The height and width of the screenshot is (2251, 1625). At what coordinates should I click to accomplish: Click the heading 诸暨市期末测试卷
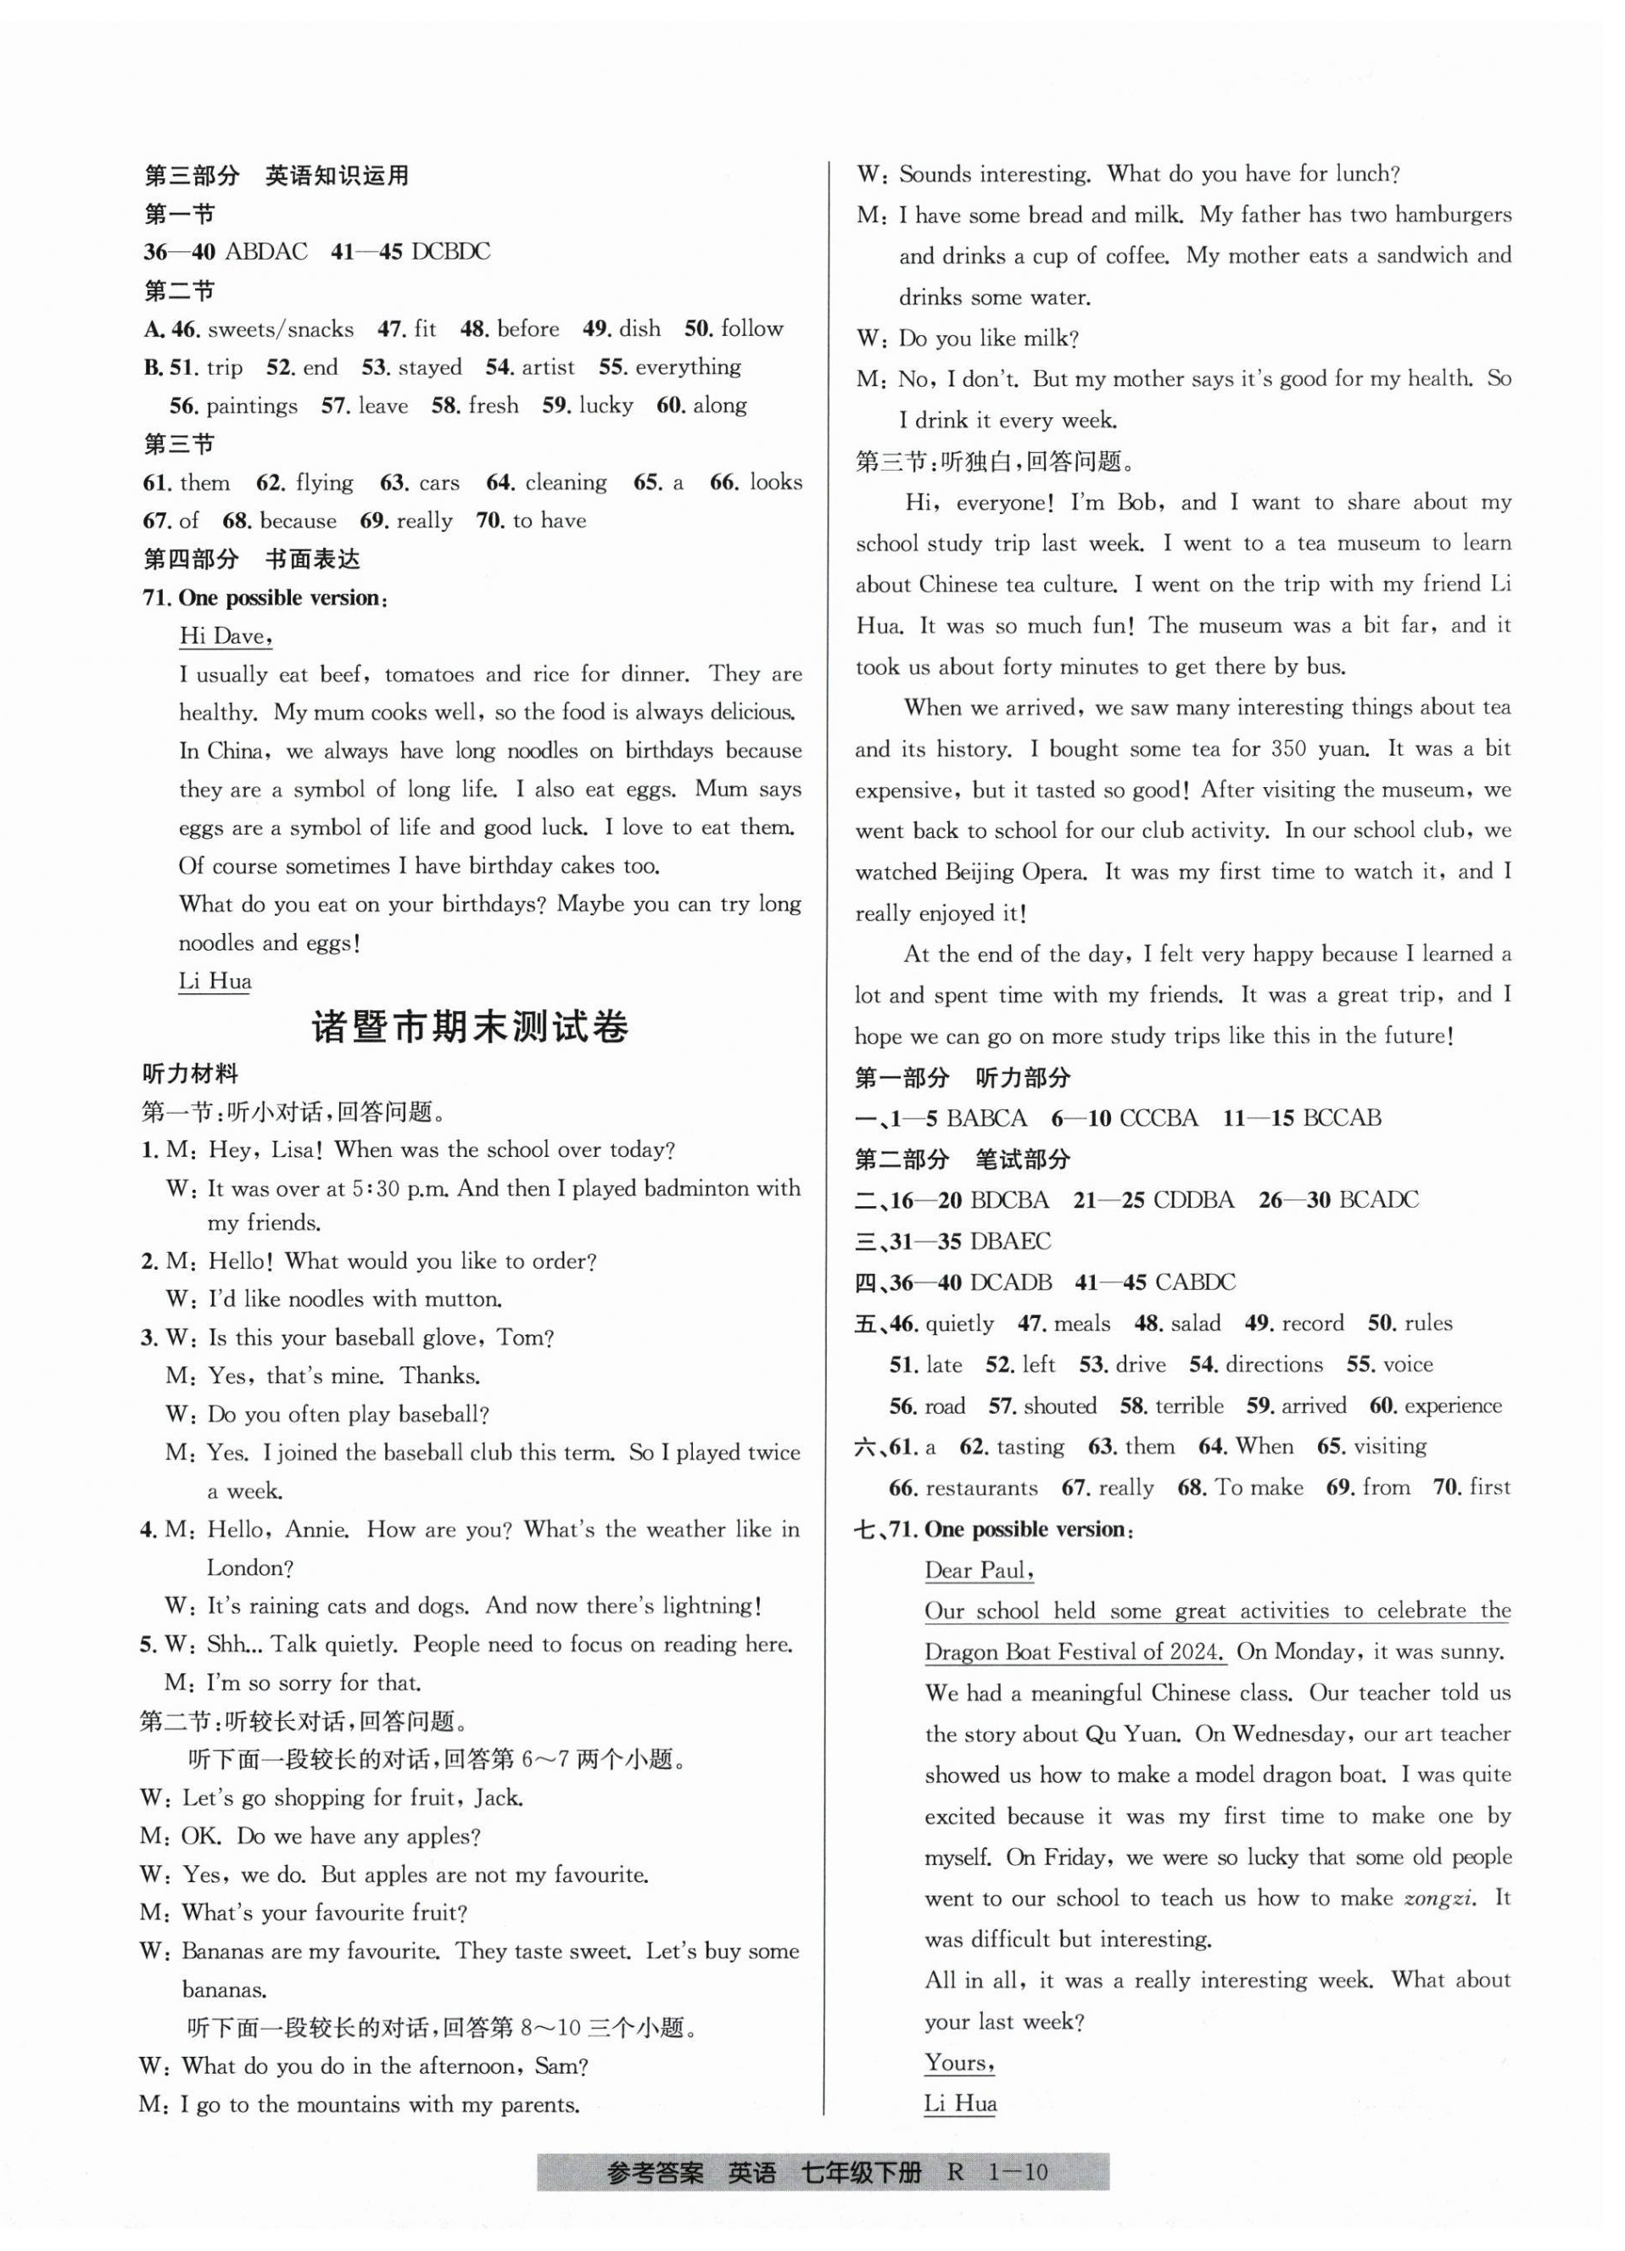[x=470, y=1026]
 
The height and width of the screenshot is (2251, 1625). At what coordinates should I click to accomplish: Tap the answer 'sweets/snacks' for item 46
[x=280, y=328]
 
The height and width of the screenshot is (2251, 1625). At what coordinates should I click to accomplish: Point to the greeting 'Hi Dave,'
[x=226, y=636]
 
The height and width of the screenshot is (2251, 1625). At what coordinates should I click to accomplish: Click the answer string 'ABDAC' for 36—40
[x=266, y=252]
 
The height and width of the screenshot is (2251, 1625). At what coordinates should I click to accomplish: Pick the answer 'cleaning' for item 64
[x=566, y=483]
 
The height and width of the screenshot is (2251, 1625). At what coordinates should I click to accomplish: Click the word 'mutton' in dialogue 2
[x=461, y=1299]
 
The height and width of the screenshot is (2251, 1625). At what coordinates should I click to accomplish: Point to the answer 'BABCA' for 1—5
[x=986, y=1119]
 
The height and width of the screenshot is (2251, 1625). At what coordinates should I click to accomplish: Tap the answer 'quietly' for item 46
[x=959, y=1324]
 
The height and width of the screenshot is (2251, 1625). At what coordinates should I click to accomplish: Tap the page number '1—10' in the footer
[x=1018, y=2173]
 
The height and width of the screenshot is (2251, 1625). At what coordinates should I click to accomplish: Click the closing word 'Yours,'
[x=959, y=2063]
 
